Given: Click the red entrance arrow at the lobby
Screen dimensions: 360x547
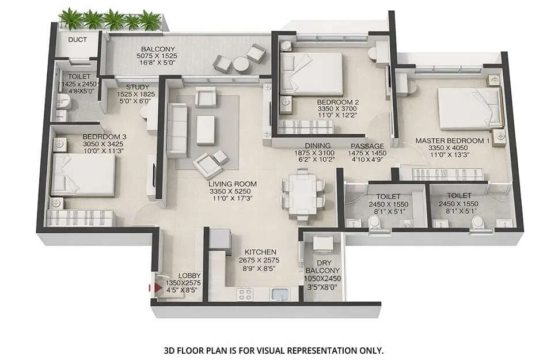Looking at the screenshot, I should pyautogui.click(x=153, y=286).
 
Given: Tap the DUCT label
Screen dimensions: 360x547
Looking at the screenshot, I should pyautogui.click(x=77, y=40).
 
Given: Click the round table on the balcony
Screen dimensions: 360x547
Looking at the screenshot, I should pyautogui.click(x=241, y=65).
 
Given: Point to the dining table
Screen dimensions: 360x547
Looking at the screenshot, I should pyautogui.click(x=301, y=192).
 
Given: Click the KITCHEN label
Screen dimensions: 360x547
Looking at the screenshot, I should pyautogui.click(x=260, y=252).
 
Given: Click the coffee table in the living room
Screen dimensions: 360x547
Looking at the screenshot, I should pyautogui.click(x=206, y=129).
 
